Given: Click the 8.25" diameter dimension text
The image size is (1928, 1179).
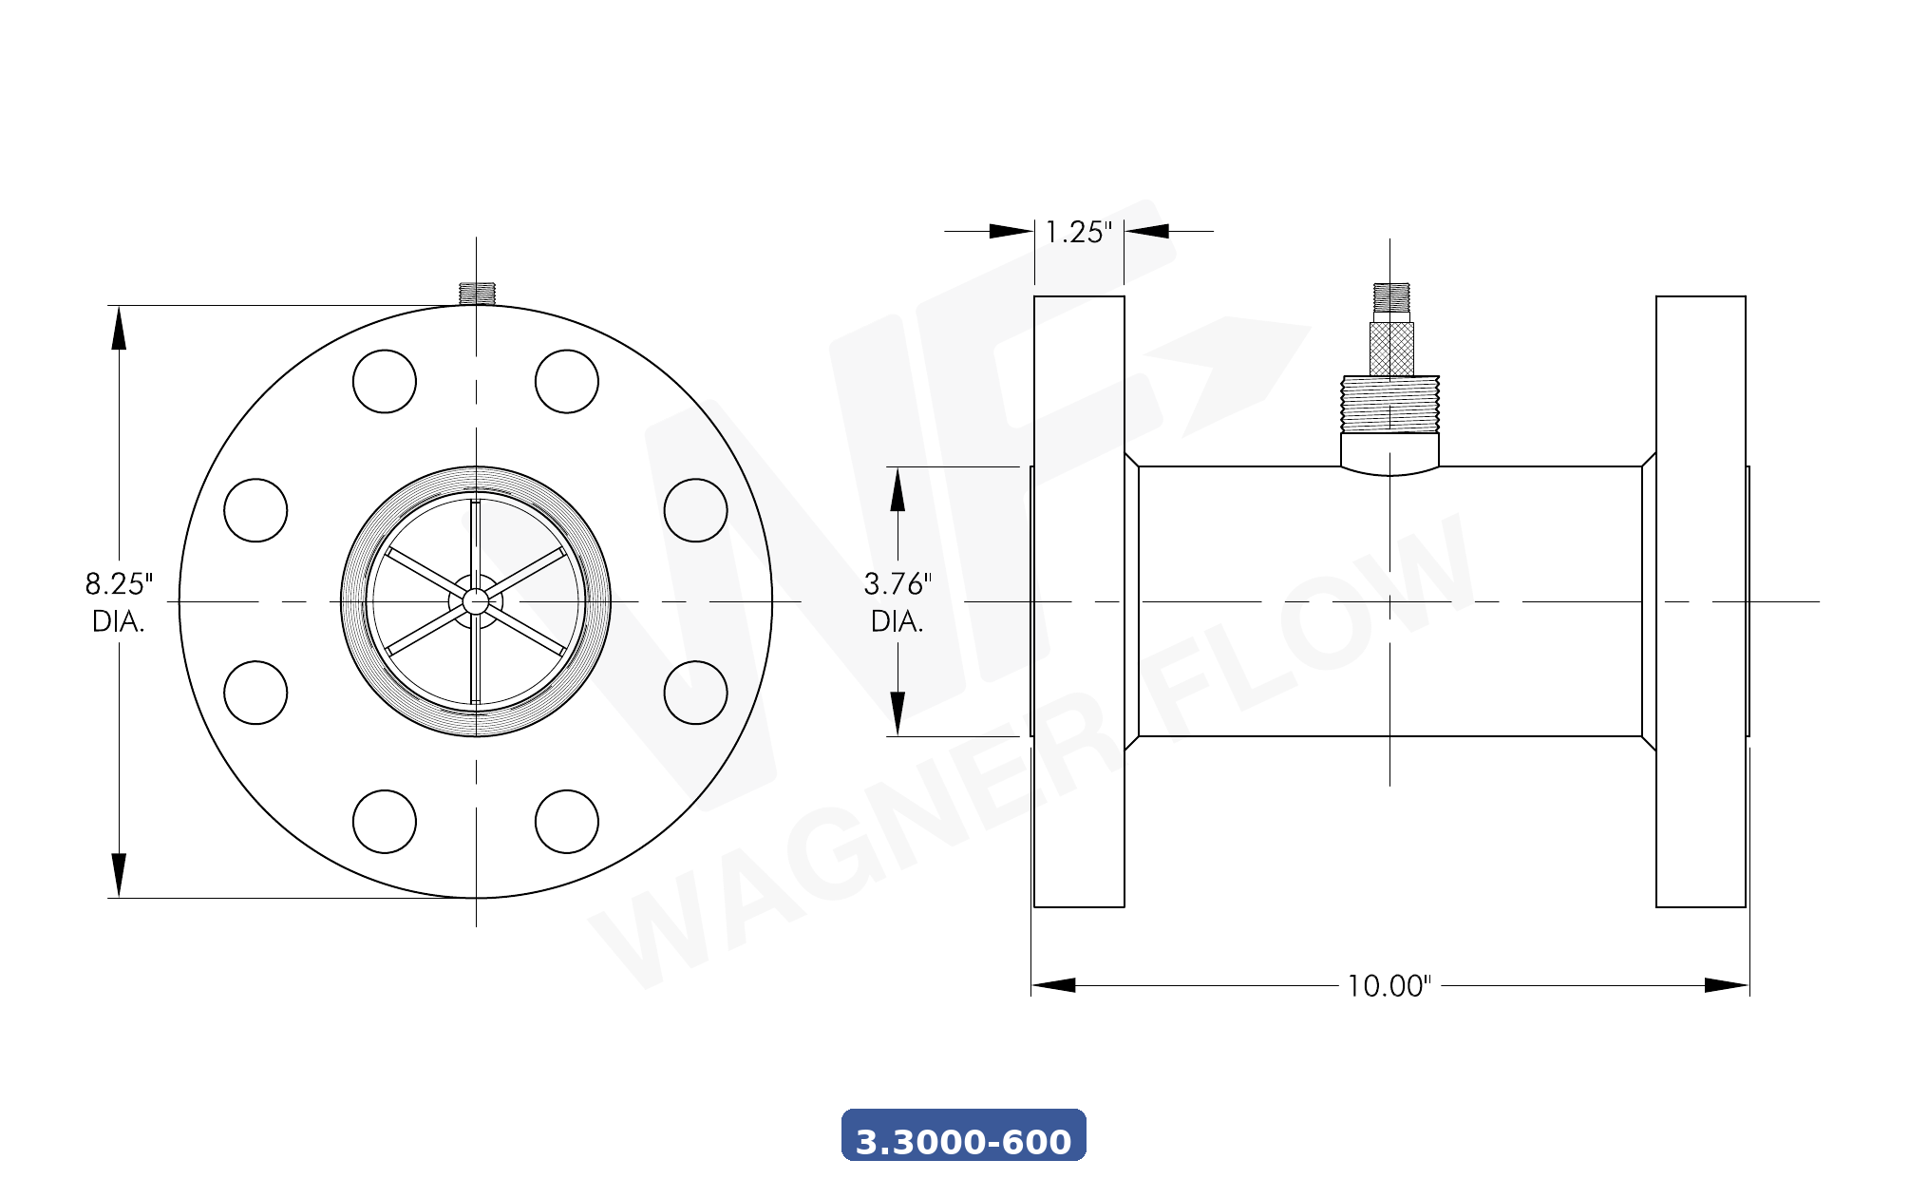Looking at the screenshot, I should [118, 583].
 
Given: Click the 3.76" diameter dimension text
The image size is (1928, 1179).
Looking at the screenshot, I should [898, 583].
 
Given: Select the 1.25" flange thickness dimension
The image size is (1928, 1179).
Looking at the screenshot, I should [1078, 232].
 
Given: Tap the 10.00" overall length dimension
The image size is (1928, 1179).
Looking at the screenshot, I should [1389, 986].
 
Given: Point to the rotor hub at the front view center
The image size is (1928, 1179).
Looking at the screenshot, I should [476, 601].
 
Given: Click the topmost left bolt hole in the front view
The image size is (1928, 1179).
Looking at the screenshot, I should [385, 381].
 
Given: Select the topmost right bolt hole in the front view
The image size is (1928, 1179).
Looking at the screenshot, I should [567, 381].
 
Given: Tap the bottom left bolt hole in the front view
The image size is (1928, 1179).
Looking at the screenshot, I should [385, 822].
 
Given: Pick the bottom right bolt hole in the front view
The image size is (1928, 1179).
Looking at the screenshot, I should [567, 822].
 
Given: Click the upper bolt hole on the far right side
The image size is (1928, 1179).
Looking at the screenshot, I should [696, 510].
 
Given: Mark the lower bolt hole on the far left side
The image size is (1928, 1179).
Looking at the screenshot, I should [255, 693].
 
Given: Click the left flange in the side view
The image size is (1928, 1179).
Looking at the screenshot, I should [1079, 601].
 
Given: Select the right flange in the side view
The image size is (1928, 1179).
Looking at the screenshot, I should [1700, 601].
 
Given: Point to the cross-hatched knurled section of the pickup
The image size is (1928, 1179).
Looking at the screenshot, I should [1391, 349].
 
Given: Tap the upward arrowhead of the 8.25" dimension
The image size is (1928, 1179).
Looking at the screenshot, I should [119, 329].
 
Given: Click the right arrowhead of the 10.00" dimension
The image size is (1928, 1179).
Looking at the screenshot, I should [1726, 985].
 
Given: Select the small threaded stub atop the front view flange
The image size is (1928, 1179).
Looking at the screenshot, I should [477, 293].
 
